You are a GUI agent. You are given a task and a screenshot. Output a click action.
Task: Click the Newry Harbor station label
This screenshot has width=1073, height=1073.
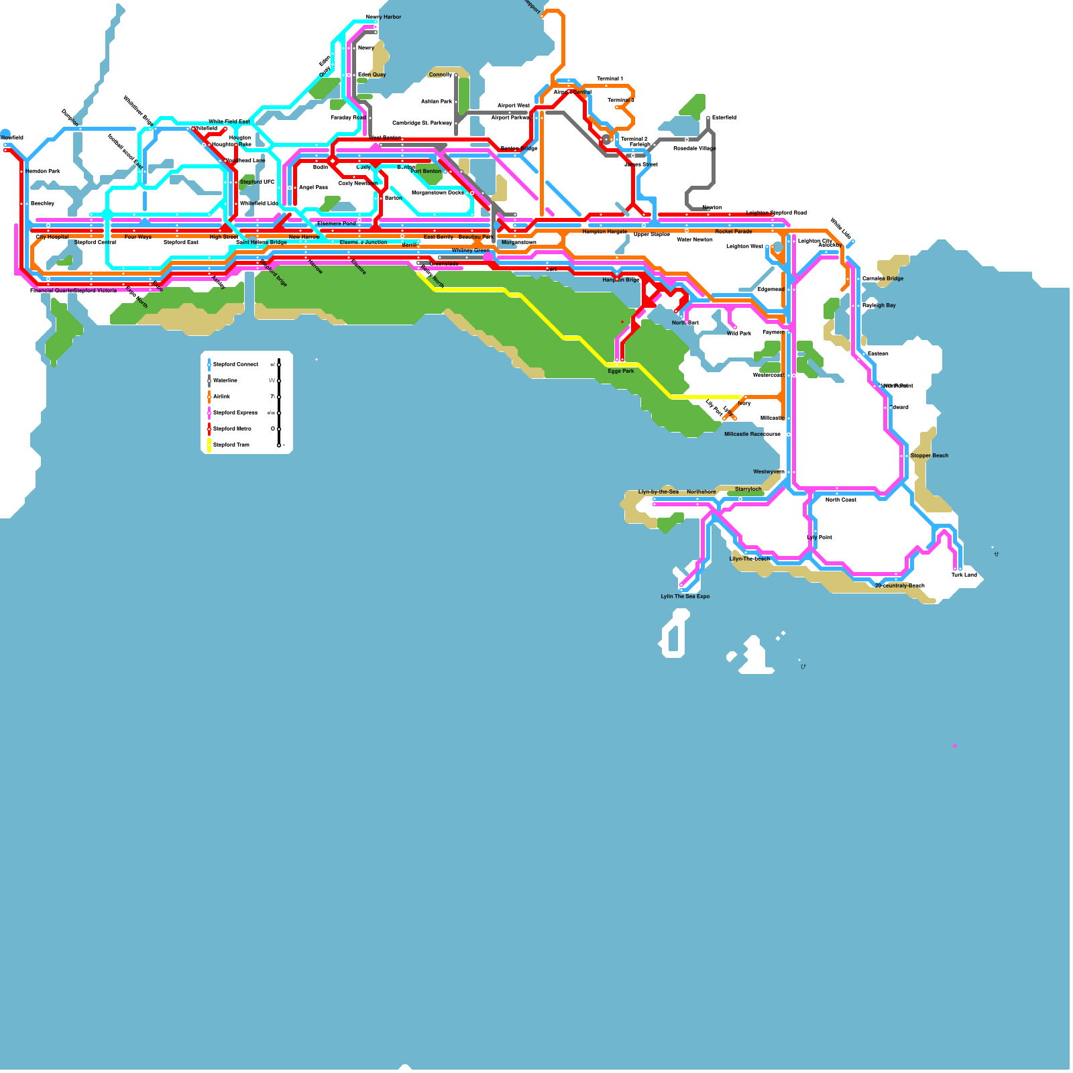pyautogui.click(x=384, y=17)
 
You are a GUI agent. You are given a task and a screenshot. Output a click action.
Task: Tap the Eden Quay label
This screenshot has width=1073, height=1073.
pyautogui.click(x=372, y=74)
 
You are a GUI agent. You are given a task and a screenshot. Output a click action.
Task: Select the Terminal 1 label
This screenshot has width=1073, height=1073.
pyautogui.click(x=610, y=78)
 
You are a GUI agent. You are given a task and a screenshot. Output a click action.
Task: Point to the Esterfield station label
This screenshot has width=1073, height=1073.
pyautogui.click(x=724, y=117)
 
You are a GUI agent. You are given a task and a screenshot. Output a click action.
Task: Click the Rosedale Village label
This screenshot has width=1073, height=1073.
pyautogui.click(x=695, y=148)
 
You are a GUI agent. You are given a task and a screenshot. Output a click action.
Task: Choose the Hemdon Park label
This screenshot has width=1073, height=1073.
pyautogui.click(x=43, y=171)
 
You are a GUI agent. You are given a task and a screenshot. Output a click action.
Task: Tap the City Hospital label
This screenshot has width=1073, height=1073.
pyautogui.click(x=52, y=237)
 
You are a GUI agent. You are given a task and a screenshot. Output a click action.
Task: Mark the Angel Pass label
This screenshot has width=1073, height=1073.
pyautogui.click(x=313, y=187)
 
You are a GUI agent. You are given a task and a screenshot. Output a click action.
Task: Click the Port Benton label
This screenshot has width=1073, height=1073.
pyautogui.click(x=426, y=171)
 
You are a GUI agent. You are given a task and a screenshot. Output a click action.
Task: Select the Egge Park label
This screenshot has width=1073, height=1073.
pyautogui.click(x=621, y=371)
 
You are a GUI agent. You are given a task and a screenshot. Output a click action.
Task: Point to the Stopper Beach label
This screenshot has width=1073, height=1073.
pyautogui.click(x=929, y=455)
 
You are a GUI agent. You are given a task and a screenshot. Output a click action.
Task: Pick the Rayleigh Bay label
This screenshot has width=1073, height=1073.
pyautogui.click(x=879, y=305)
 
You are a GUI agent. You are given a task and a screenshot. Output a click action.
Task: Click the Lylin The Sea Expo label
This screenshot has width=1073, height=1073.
pyautogui.click(x=685, y=596)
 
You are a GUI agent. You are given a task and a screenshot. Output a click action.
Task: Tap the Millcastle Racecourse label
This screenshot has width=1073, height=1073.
pyautogui.click(x=752, y=434)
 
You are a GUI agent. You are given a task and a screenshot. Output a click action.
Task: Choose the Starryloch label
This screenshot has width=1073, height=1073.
pyautogui.click(x=748, y=489)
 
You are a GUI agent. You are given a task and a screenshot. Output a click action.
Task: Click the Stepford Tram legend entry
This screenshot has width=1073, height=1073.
pyautogui.click(x=231, y=445)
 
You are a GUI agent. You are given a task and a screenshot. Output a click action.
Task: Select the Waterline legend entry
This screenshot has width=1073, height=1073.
pyautogui.click(x=225, y=380)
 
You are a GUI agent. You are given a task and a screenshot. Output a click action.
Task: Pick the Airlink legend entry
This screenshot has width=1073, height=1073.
pyautogui.click(x=222, y=396)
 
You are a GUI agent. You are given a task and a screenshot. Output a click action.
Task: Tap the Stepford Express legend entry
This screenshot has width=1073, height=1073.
pyautogui.click(x=235, y=412)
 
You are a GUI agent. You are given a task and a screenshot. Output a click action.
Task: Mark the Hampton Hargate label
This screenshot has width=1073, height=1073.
pyautogui.click(x=604, y=231)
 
